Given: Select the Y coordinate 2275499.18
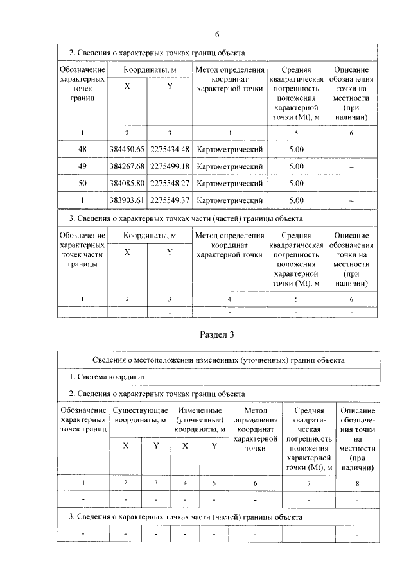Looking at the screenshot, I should [170, 166].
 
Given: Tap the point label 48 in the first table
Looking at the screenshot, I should [82, 150].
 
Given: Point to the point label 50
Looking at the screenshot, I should [82, 183].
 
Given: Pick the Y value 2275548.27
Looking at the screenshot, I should [170, 183].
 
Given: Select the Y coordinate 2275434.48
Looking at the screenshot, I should [170, 150].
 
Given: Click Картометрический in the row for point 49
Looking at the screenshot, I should [230, 166].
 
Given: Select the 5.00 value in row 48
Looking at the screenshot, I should [296, 150].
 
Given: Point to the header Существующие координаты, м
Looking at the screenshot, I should [141, 415].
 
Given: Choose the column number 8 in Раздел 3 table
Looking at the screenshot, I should [358, 482].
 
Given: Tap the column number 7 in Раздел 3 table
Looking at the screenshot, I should [309, 482].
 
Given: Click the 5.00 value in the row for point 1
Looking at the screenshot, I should [296, 200].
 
